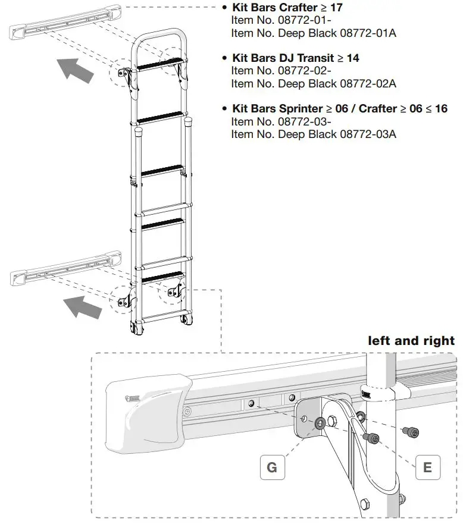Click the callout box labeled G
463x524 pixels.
click(x=272, y=467)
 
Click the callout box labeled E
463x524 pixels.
click(x=427, y=467)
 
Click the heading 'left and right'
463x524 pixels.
click(x=411, y=341)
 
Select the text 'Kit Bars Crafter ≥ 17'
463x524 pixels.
click(x=287, y=8)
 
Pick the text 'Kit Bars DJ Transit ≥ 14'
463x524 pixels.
click(x=295, y=58)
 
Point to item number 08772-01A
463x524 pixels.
click(x=368, y=33)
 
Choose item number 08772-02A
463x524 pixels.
click(x=368, y=83)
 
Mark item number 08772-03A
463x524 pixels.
click(x=368, y=134)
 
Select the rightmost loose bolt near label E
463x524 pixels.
click(x=410, y=431)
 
